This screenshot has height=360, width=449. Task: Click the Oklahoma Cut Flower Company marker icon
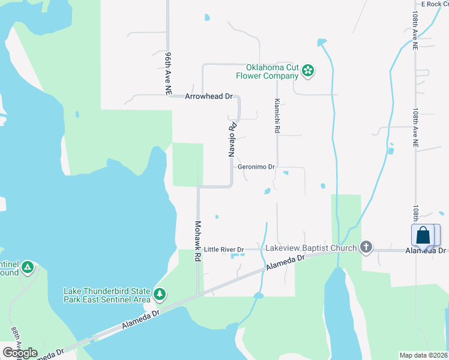pos(307,71)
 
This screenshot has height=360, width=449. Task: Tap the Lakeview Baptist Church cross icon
pos(366,247)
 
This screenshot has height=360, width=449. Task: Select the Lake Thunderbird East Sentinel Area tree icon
pos(159,294)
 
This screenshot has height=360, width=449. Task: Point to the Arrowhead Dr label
pos(208,96)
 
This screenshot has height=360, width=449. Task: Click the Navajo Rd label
pos(232,139)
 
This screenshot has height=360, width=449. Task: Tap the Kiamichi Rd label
pos(277,116)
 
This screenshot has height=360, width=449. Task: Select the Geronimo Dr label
pos(256,167)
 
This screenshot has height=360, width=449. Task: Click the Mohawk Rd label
pos(197,241)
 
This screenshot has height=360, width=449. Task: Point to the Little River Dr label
pos(224,249)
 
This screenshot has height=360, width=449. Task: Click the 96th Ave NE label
pos(169,72)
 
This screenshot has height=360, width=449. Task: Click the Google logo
pos(20,353)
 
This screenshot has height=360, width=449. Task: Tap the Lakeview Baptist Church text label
pos(311,247)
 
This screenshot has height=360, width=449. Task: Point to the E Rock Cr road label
pos(435,4)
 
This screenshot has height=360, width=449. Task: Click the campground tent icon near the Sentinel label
pos(28,268)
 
